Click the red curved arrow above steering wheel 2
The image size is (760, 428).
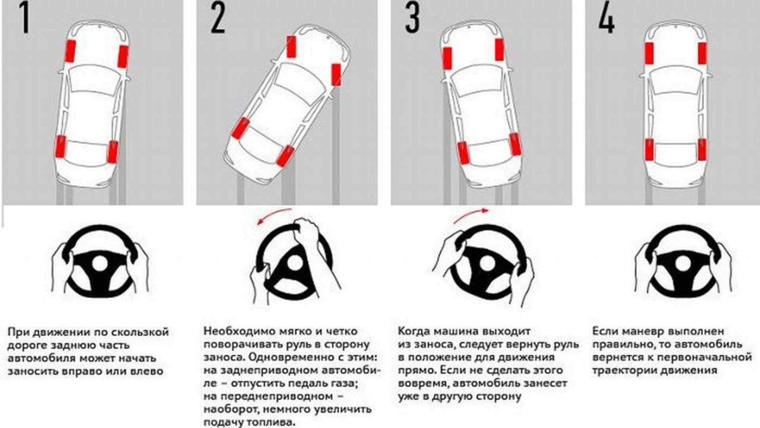(274, 214)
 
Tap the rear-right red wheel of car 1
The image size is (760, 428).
(113, 152)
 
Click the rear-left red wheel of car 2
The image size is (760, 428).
(239, 129)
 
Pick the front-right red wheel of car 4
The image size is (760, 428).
(702, 53)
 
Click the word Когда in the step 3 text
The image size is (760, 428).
(413, 332)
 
